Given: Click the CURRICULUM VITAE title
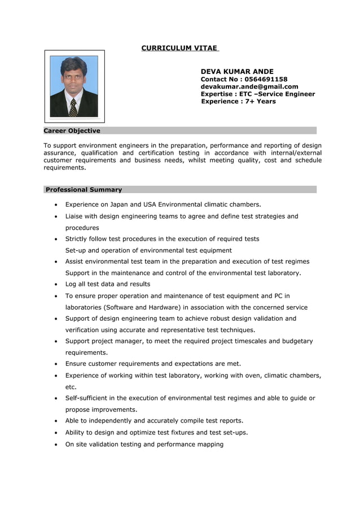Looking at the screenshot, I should click(179, 48).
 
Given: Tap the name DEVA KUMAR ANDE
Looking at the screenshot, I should click(237, 72).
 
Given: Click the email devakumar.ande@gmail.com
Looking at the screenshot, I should click(249, 86).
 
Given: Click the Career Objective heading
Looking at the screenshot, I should click(72, 130).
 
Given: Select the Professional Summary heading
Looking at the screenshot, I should click(84, 189).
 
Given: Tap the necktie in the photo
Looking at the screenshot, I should click(73, 107).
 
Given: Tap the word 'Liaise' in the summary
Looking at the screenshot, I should click(75, 216).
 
